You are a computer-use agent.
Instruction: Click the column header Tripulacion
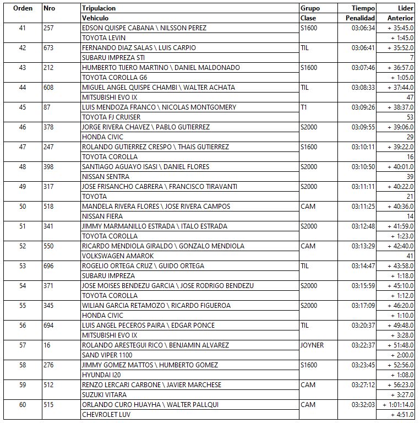99,8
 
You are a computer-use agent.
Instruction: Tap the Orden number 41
22,28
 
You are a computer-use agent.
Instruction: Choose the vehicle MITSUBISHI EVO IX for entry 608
109,97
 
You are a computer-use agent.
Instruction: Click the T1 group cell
304,107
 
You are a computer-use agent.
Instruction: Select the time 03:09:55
363,127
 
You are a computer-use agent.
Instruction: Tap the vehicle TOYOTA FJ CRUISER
111,117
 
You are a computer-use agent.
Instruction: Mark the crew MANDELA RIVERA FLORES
121,207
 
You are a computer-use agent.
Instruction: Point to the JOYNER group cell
312,345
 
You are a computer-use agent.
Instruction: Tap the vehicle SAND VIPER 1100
107,355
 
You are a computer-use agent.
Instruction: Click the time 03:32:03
363,405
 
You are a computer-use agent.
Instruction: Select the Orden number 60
22,405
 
